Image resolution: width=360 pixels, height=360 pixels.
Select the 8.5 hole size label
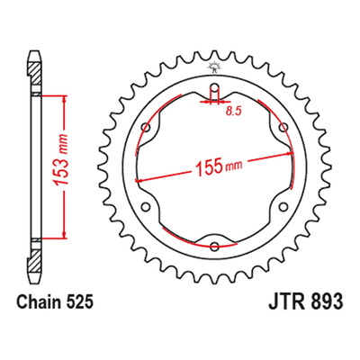233,112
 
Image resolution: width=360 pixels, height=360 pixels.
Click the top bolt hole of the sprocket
214,87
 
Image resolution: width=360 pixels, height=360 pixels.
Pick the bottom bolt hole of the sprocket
214,247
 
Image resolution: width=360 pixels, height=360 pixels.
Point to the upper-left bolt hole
146,128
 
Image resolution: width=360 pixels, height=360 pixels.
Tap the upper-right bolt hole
283,128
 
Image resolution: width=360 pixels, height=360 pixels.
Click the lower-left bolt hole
146,207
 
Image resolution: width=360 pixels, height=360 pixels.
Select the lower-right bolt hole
283,207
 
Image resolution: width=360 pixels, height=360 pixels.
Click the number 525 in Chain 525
79,302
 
